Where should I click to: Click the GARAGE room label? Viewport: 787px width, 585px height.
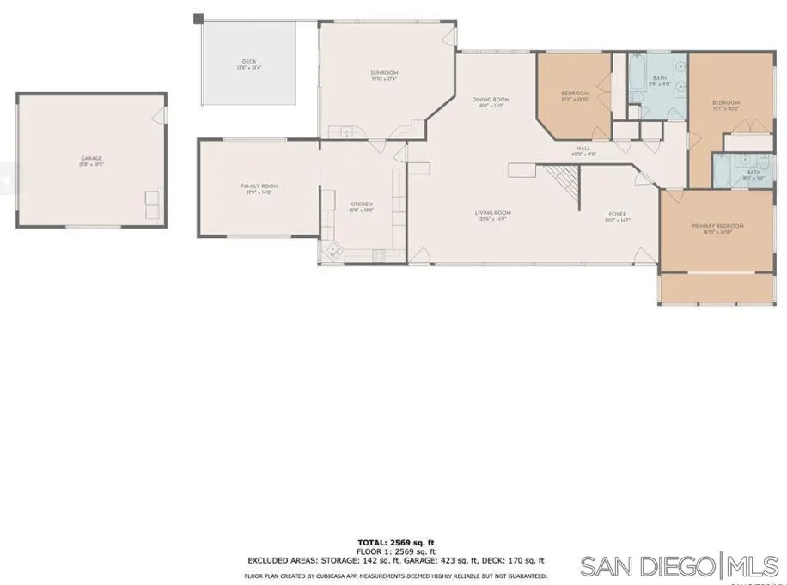coord(91,158)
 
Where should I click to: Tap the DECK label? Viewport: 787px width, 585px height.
coord(249,62)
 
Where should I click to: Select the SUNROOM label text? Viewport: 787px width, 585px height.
coord(384,73)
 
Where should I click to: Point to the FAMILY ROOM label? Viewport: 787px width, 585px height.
coord(259,186)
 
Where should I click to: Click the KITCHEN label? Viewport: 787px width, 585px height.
coord(361,204)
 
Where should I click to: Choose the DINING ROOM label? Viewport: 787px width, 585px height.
coord(491,100)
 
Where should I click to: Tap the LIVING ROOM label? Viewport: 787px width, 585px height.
coord(493,212)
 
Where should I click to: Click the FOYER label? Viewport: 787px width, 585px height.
coord(617,214)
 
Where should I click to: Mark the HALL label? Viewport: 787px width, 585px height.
coord(583,148)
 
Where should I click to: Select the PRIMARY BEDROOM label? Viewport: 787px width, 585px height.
coord(717,226)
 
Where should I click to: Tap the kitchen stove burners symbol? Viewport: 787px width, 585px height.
coord(376,254)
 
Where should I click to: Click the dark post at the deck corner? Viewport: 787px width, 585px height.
coord(198,17)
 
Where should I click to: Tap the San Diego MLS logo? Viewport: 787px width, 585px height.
coord(680,567)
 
